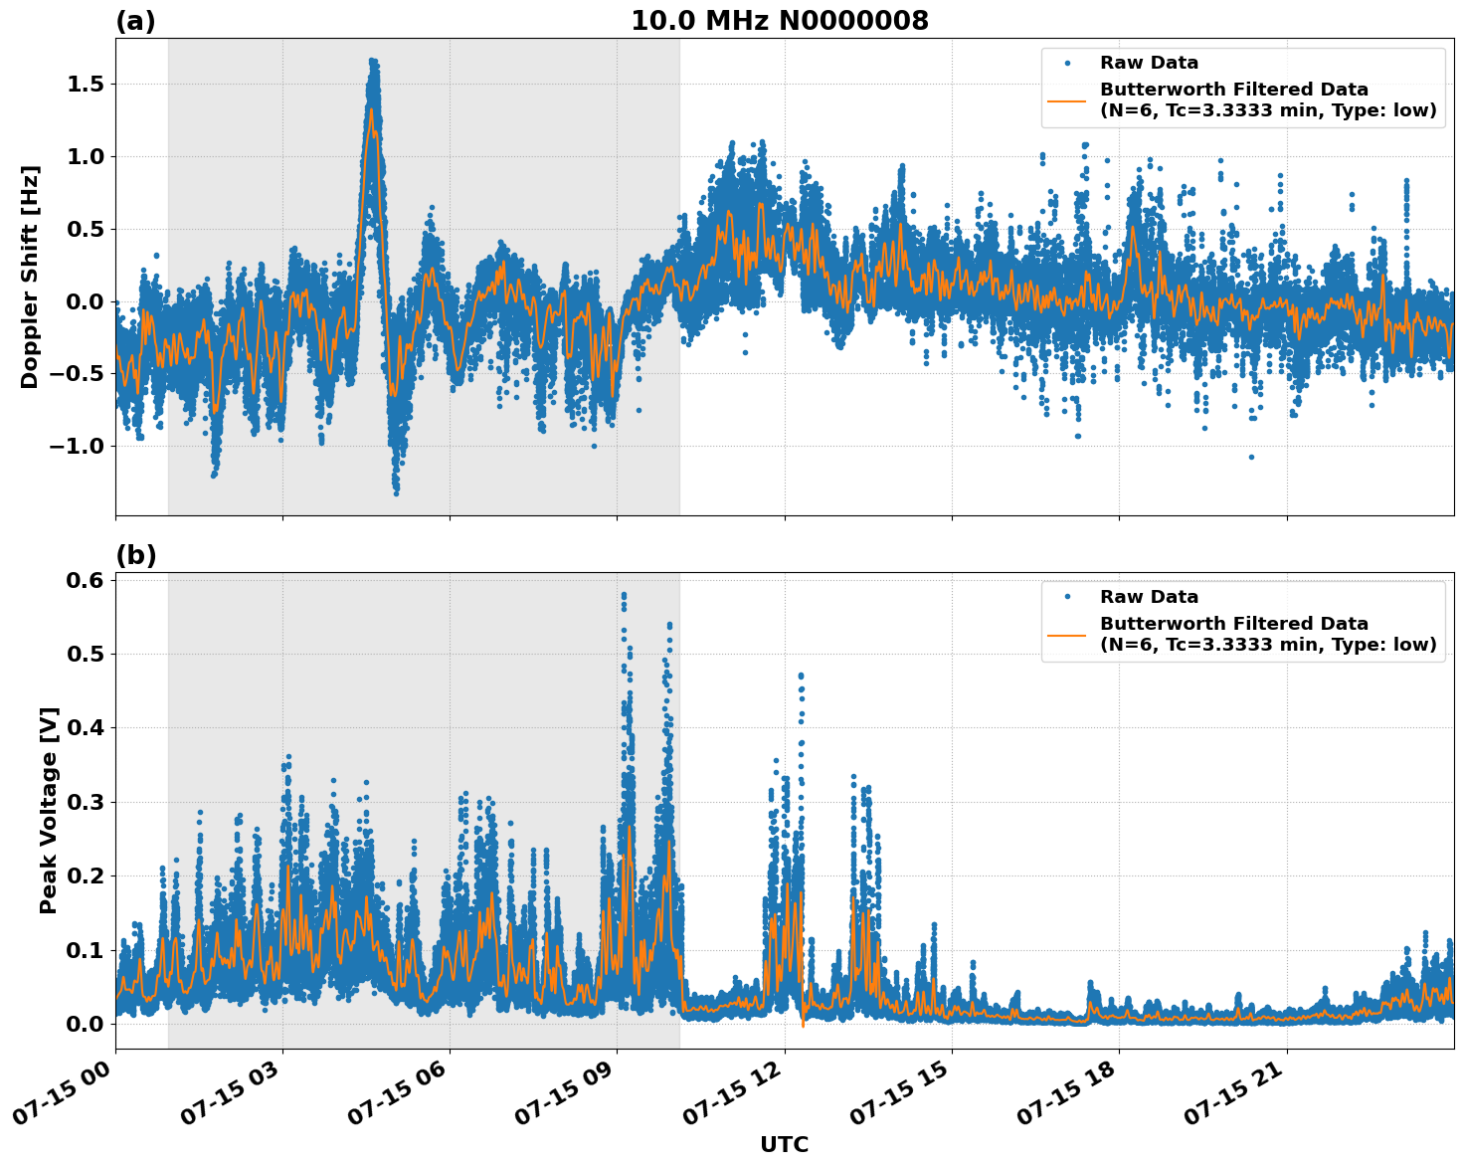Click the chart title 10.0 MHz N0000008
(x=779, y=21)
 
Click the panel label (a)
(x=135, y=21)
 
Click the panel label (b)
(x=135, y=555)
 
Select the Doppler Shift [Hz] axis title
(x=30, y=277)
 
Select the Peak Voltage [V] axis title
(x=49, y=810)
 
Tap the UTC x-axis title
(x=784, y=1144)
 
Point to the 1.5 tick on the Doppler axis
(x=85, y=85)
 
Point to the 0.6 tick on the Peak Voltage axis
(x=85, y=580)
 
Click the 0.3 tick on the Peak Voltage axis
(x=85, y=802)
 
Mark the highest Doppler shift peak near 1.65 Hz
(x=373, y=62)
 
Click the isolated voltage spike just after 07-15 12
(x=801, y=677)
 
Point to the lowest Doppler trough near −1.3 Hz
(x=396, y=491)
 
